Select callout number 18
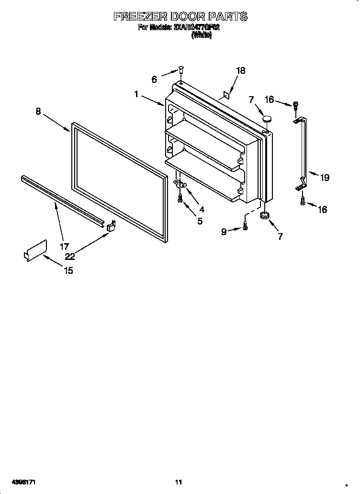240,70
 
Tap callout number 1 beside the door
136,94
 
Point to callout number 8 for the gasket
38,112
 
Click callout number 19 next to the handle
325,178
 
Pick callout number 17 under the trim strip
64,247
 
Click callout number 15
68,270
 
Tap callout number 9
224,232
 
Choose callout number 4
202,209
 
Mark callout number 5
200,221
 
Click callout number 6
154,80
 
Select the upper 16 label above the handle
269,100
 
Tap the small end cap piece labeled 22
111,226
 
